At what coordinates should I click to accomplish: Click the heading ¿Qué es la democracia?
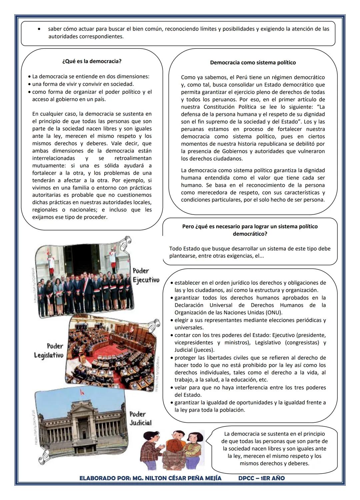point(92,61)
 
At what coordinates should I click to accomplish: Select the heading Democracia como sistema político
point(253,63)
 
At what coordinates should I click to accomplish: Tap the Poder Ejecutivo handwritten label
point(145,275)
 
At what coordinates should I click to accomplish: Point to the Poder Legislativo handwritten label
point(49,351)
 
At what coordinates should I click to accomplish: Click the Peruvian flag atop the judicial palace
point(80,393)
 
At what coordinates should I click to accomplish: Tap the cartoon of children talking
point(174,449)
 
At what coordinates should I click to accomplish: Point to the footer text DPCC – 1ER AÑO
point(261,478)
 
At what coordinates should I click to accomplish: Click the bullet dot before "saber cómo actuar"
point(40,29)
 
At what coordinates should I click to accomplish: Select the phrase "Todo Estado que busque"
point(198,249)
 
